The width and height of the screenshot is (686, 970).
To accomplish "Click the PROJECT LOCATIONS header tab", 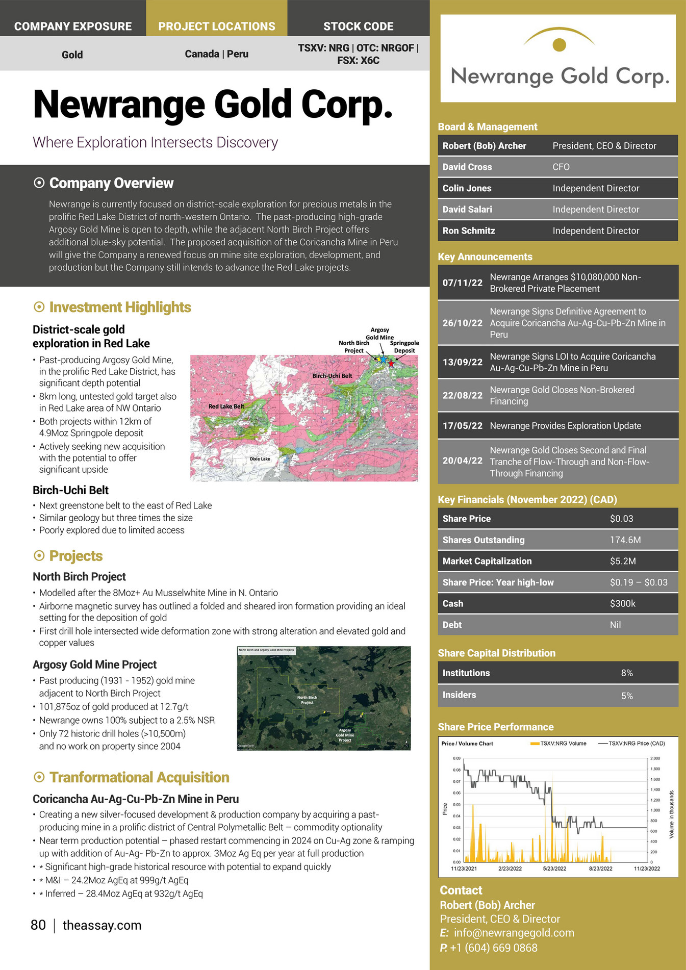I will click(x=216, y=26).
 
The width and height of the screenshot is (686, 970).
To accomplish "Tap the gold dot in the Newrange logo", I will click(x=560, y=45).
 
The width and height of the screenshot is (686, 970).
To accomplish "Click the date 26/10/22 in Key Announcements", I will click(x=462, y=323).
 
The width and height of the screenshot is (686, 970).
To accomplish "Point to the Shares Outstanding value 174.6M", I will click(x=625, y=540).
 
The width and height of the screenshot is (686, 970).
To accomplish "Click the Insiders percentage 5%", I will click(x=627, y=696).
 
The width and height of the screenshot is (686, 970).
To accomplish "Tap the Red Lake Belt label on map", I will click(x=226, y=406).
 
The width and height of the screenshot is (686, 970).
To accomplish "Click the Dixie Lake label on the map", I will click(x=260, y=459).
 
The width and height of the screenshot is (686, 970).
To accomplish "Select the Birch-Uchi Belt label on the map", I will click(x=332, y=376).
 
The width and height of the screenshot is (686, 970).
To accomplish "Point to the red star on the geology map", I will click(x=391, y=363).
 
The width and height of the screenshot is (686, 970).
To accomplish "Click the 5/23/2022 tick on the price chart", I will click(x=554, y=868).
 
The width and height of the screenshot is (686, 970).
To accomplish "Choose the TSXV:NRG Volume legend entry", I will click(x=559, y=743).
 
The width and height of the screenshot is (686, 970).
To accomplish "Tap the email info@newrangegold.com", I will click(x=514, y=933).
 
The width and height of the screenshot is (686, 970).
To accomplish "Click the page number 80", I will click(x=38, y=925).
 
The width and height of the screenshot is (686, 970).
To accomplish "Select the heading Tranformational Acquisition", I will click(x=139, y=777).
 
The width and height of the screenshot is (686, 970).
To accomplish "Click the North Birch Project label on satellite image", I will click(x=307, y=700).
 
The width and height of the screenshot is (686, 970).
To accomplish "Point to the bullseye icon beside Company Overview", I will click(x=39, y=183).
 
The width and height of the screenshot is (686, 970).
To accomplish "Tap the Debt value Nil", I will click(x=615, y=625).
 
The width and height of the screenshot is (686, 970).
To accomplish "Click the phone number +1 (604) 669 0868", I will click(x=493, y=948).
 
